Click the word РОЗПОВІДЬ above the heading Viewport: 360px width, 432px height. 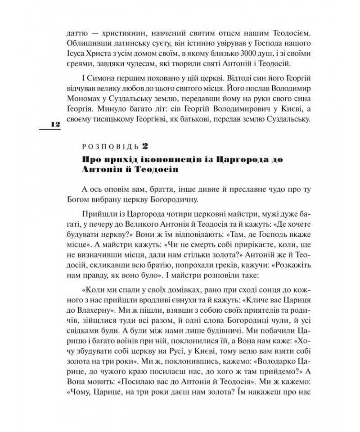point(110,146)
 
